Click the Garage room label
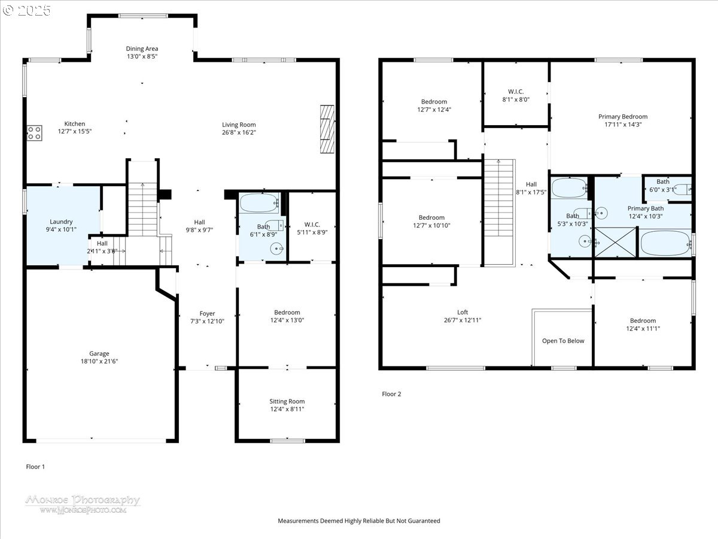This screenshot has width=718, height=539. [x=99, y=353]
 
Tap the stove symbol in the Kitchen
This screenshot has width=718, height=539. [x=34, y=132]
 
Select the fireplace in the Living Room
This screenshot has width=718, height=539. [x=327, y=129]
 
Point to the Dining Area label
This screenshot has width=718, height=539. [x=142, y=49]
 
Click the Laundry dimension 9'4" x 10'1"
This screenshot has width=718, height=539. [x=62, y=229]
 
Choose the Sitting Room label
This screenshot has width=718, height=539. [x=287, y=401]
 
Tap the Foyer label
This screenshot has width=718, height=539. [x=207, y=313]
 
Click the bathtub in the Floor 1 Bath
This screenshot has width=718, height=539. [x=260, y=202]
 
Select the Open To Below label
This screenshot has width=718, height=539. [x=563, y=341]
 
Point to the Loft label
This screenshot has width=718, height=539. [x=463, y=312]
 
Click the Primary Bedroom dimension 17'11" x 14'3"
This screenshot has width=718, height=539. [x=623, y=125]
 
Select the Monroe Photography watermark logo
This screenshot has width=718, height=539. [x=83, y=504]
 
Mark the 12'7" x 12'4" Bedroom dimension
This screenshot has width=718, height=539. [x=434, y=110]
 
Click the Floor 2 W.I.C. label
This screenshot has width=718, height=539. [x=515, y=92]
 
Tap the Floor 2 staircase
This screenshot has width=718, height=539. [x=499, y=213]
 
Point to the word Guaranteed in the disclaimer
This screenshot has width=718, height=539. [x=422, y=521]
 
